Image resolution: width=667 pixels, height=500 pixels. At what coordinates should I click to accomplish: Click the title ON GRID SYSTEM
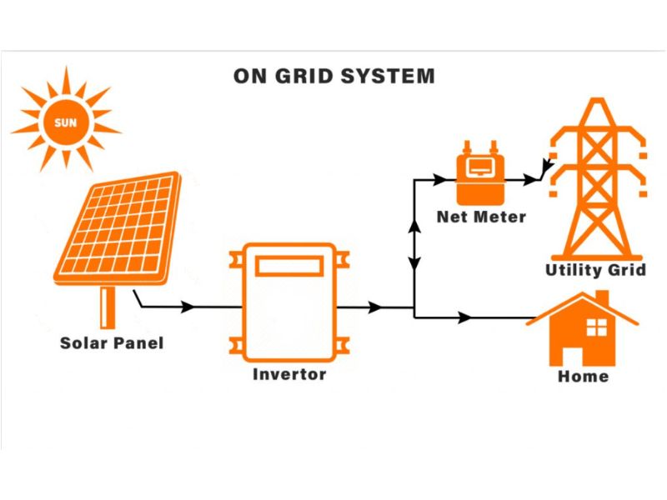point(333,76)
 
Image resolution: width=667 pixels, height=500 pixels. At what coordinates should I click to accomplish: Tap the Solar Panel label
point(112,342)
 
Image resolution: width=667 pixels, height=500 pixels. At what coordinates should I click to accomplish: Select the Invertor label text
point(289,374)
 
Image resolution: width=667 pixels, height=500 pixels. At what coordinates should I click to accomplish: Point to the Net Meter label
point(482,217)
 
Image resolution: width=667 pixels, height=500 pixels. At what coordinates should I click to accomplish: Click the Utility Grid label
point(595,270)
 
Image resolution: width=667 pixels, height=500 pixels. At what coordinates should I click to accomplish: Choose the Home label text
point(583,376)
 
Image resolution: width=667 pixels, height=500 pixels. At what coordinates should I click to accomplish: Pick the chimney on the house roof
point(601,297)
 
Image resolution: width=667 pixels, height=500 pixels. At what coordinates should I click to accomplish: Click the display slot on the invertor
point(288,266)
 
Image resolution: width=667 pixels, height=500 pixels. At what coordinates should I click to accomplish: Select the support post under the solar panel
point(107,307)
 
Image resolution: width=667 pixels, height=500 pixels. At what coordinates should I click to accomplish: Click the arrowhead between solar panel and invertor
point(188,307)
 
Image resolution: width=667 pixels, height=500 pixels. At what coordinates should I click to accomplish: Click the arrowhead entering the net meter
point(439,178)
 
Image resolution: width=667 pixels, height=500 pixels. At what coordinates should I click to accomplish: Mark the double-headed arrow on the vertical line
point(414,246)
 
